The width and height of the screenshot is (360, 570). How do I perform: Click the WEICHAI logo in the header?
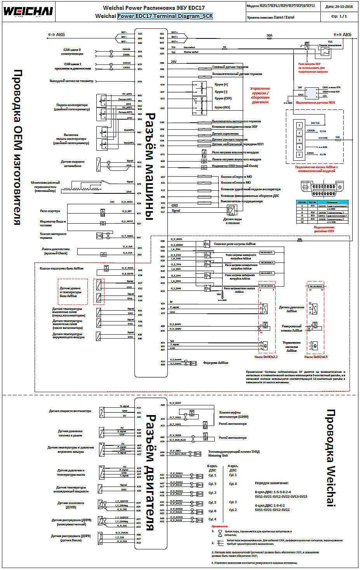[x=28, y=11]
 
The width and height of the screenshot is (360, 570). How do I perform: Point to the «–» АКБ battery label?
[x=56, y=35]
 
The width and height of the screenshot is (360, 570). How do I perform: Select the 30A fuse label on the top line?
[x=269, y=35]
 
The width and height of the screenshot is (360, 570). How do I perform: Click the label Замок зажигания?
[x=330, y=45]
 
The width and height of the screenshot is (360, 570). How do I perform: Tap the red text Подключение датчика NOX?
[x=315, y=103]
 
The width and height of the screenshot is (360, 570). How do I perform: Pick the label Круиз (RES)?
[x=222, y=108]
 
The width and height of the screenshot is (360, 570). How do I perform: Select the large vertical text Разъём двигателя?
[x=150, y=472]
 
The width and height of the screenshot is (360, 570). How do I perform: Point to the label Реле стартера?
[x=50, y=211]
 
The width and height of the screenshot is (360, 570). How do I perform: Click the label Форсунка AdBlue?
[x=216, y=363]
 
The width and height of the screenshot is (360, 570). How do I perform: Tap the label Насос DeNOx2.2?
[x=266, y=356]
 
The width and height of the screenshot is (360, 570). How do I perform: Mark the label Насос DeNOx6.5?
[x=316, y=356]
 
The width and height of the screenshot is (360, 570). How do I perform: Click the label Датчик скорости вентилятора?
[x=70, y=411]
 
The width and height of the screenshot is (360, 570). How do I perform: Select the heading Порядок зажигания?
[x=271, y=483]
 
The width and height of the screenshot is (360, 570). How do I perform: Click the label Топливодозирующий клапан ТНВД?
[x=233, y=452]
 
